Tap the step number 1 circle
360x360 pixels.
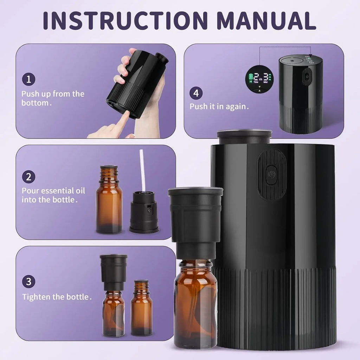29,79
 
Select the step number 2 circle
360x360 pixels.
29,176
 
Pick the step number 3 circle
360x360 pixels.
29,282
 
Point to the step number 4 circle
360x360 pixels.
196,93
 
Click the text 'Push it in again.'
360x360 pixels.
219,107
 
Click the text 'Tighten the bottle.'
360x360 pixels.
57,297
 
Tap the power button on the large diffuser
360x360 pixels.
272,174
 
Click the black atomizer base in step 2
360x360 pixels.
144,213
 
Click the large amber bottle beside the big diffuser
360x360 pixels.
195,302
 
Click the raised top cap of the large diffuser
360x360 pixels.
244,136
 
